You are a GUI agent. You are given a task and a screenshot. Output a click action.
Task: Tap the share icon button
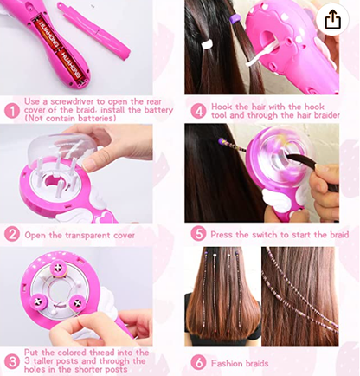click(x=332, y=19)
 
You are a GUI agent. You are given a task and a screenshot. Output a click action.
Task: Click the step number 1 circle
click(x=12, y=111)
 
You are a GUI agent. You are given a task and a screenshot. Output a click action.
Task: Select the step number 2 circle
click(x=12, y=235)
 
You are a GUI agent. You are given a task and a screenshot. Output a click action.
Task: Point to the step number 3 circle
click(x=12, y=361)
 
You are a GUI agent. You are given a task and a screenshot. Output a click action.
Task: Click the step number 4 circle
click(x=198, y=111)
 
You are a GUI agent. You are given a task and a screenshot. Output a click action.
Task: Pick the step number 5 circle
click(x=198, y=234)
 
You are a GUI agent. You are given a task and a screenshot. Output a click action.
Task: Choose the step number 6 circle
click(x=198, y=363)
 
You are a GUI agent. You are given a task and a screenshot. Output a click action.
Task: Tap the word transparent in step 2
click(x=87, y=236)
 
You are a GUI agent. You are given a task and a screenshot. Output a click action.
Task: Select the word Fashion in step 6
click(x=225, y=363)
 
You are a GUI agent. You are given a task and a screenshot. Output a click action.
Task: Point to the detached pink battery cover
click(x=93, y=31)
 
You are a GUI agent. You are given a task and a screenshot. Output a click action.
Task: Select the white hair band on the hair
click(x=207, y=44)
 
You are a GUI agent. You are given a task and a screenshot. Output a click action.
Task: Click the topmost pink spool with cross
click(x=58, y=268)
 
